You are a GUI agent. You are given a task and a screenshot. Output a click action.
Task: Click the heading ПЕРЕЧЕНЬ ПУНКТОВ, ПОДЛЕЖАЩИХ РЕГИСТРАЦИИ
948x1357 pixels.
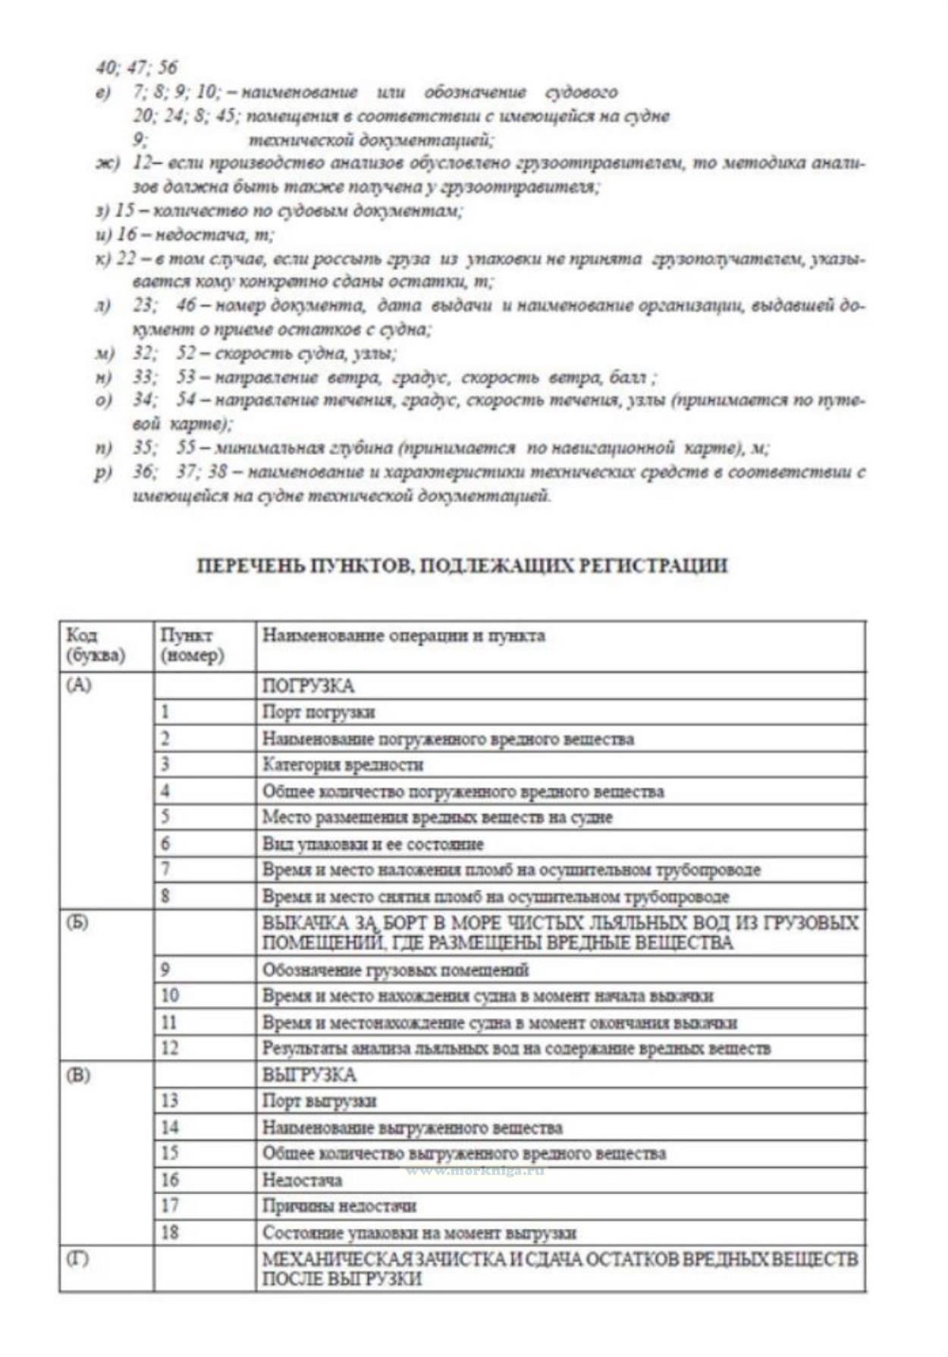click(x=462, y=566)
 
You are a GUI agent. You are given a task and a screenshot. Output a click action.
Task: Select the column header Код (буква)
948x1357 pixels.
click(x=96, y=645)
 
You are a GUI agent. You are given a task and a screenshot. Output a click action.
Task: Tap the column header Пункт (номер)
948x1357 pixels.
click(x=192, y=645)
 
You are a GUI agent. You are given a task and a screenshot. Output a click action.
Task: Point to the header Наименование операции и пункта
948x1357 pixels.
click(x=403, y=635)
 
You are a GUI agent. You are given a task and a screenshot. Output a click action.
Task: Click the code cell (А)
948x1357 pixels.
click(x=79, y=685)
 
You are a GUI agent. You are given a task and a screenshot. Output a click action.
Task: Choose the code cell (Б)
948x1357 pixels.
click(x=78, y=923)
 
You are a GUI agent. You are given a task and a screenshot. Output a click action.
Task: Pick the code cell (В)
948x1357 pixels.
click(x=78, y=1075)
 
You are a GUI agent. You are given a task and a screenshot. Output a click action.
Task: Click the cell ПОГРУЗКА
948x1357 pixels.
click(x=308, y=686)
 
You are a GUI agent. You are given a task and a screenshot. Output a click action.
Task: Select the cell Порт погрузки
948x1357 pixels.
click(x=319, y=713)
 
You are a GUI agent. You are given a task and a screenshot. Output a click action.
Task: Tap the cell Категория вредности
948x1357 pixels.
click(x=343, y=765)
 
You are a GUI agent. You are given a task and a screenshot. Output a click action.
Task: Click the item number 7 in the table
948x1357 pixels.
click(x=165, y=870)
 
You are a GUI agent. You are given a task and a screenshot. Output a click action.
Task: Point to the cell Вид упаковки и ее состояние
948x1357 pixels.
click(x=372, y=844)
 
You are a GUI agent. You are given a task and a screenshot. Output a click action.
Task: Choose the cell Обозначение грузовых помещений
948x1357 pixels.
click(x=395, y=970)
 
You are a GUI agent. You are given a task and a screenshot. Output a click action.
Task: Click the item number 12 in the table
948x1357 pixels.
click(x=170, y=1048)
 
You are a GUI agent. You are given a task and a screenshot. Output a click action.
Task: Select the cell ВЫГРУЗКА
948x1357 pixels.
click(x=309, y=1075)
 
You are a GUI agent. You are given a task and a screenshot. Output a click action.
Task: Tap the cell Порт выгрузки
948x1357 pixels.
click(x=319, y=1101)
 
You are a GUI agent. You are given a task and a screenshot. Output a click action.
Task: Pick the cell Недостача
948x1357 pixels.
click(x=302, y=1180)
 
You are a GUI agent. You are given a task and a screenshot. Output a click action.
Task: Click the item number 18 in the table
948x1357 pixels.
click(x=170, y=1233)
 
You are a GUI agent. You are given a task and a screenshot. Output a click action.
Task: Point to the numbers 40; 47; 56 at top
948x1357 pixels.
click(x=137, y=67)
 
